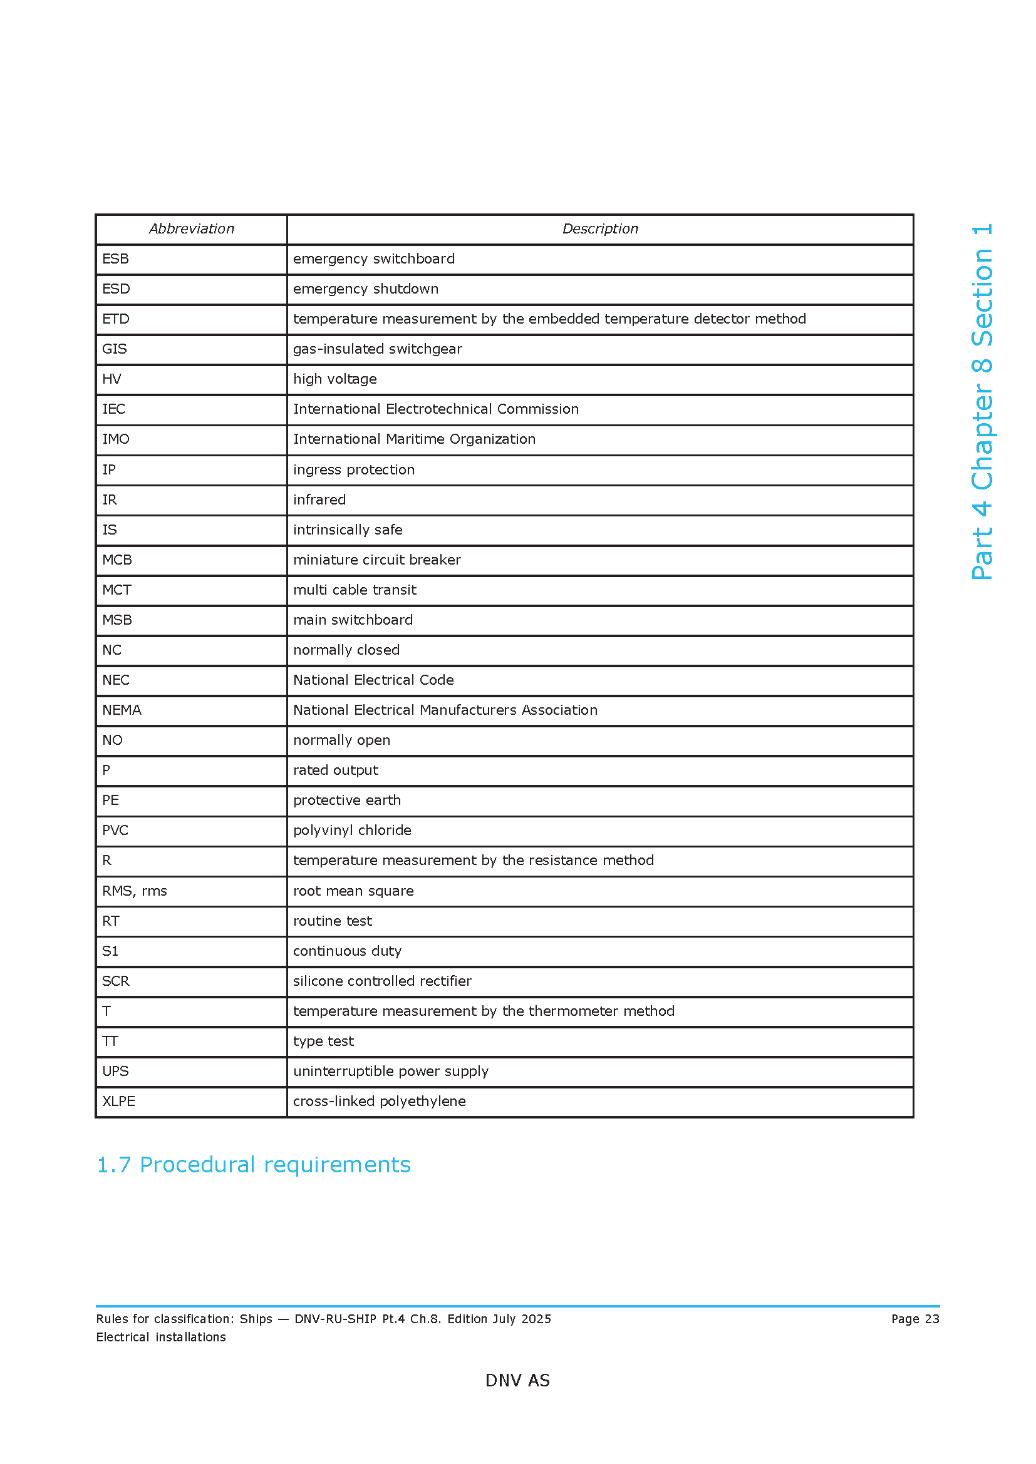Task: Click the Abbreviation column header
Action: pyautogui.click(x=192, y=229)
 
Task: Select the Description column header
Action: pyautogui.click(x=599, y=229)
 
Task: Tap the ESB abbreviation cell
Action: pyautogui.click(x=115, y=259)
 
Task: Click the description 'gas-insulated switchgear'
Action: pyautogui.click(x=377, y=349)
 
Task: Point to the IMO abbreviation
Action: pyautogui.click(x=115, y=439)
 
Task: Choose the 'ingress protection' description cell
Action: pyautogui.click(x=353, y=470)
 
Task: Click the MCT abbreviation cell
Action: pyautogui.click(x=117, y=590)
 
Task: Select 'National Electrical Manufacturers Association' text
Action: pyautogui.click(x=445, y=710)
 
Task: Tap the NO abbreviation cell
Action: pyautogui.click(x=112, y=740)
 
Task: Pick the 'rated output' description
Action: pyautogui.click(x=336, y=770)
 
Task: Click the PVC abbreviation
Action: pyautogui.click(x=115, y=831)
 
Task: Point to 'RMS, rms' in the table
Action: pyautogui.click(x=134, y=891)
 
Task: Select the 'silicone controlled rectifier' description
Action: pyautogui.click(x=382, y=981)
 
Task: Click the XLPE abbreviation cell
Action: pyautogui.click(x=118, y=1102)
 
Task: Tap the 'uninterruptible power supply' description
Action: pyautogui.click(x=390, y=1072)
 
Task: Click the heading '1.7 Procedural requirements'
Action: pyautogui.click(x=253, y=1165)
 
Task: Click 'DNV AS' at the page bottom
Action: pyautogui.click(x=517, y=1381)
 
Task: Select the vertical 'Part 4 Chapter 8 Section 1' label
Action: pyautogui.click(x=982, y=402)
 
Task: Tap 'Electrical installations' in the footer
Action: pyautogui.click(x=161, y=1337)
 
